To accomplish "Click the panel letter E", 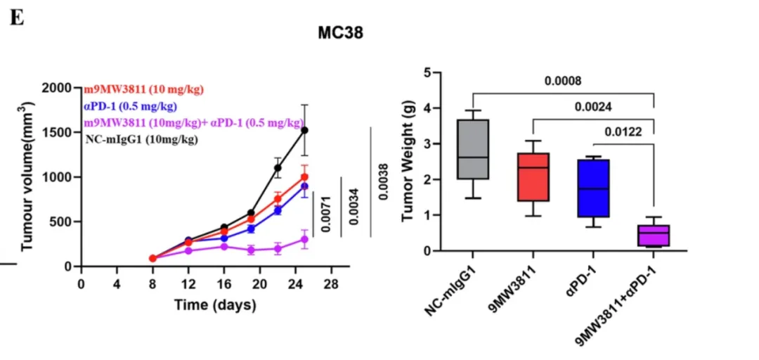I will [x=17, y=19].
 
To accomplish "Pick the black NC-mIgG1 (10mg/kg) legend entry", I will [x=141, y=139].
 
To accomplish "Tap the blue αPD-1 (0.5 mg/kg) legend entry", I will [x=130, y=106].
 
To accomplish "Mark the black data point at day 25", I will [x=304, y=130].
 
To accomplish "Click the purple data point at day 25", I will [x=304, y=240].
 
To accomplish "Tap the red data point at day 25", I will [x=304, y=177].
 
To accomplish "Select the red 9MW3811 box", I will [x=533, y=177].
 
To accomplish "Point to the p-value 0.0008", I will [x=563, y=81].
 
